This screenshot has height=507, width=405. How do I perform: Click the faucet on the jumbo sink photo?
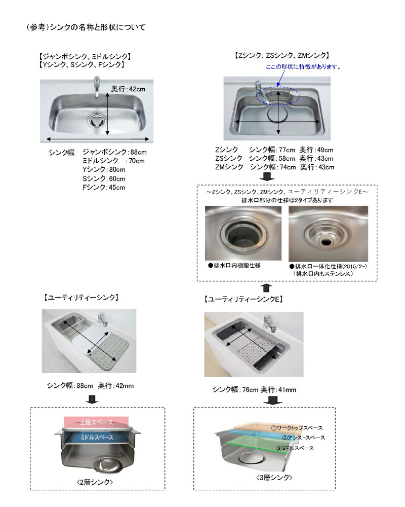click(x=96, y=87)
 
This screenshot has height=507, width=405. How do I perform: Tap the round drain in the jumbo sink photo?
click(x=95, y=120)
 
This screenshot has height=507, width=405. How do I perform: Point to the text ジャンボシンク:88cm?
click(x=114, y=152)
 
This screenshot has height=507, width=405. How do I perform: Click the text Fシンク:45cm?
click(x=103, y=188)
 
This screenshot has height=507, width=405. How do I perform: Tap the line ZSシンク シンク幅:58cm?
click(x=274, y=158)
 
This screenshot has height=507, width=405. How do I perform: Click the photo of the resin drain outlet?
click(x=242, y=234)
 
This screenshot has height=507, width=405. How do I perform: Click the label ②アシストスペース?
click(x=303, y=437)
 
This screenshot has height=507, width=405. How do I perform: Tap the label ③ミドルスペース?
click(x=296, y=448)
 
